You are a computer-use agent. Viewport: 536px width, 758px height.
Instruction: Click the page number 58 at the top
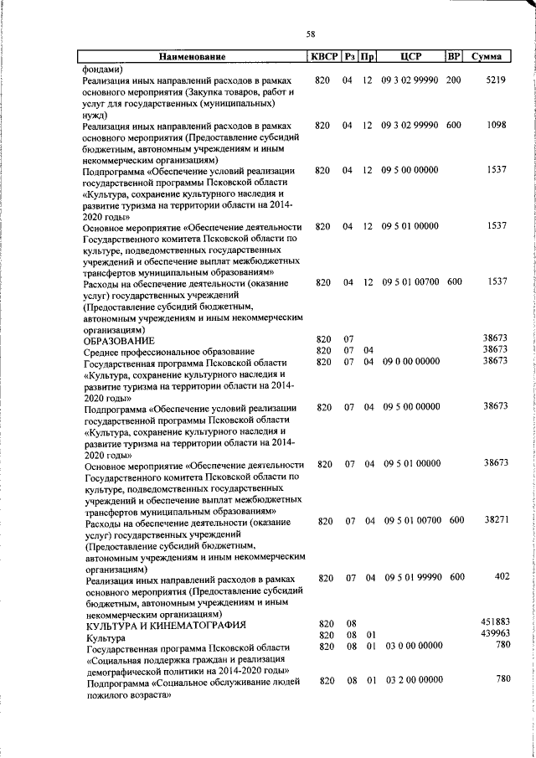coord(310,34)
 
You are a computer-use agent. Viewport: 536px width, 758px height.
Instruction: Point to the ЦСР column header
coord(410,57)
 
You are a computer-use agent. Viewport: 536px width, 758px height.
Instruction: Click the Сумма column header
coord(487,57)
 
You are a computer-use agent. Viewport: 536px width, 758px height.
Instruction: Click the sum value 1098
coord(497,125)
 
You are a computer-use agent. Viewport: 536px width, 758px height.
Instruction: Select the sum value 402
coord(502,577)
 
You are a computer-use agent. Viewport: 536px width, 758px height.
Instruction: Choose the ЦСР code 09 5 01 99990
coord(410,577)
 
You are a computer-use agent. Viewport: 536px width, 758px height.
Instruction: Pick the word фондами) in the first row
coord(102,68)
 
